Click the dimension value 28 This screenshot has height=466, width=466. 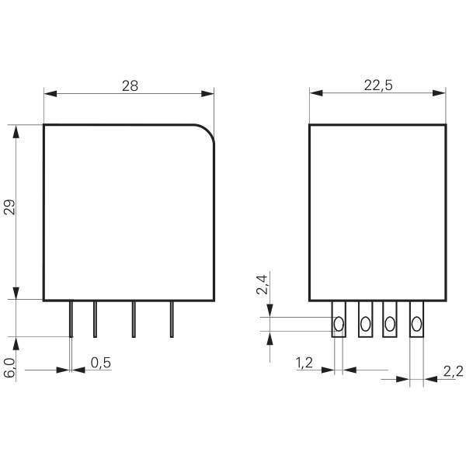coord(129,85)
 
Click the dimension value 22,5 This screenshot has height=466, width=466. coord(377,85)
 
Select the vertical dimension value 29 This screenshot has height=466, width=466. coord(9,207)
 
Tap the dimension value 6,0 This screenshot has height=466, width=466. coord(9,367)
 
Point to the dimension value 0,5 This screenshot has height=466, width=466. coord(99,362)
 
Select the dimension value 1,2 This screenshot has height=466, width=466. coord(305,362)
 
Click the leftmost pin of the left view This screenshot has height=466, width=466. coord(71,319)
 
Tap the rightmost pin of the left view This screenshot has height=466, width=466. coord(172,319)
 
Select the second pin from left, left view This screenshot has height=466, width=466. coord(95,319)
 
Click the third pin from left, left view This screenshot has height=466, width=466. coord(133,319)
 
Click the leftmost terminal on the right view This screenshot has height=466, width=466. coord(339,320)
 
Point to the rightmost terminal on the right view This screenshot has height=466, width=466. coord(417,320)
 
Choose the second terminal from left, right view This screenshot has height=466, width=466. coord(365,320)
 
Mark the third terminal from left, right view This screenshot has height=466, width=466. coord(390,320)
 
